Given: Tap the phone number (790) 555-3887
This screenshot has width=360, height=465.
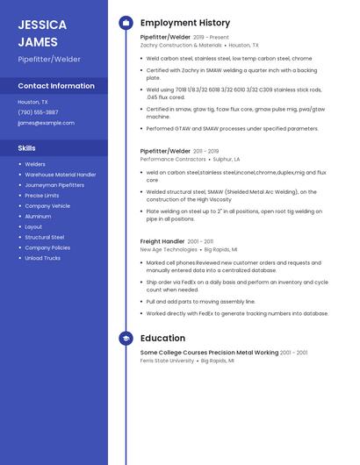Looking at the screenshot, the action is point(38,112).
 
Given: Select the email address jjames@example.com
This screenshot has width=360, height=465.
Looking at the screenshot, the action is point(46,123).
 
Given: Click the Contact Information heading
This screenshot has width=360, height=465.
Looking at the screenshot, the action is point(56,86).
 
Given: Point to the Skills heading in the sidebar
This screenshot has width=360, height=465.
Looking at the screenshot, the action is point(27,148).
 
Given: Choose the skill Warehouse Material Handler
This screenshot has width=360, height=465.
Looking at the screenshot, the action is point(61,175).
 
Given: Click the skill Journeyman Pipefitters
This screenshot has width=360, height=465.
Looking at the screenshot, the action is point(54,185).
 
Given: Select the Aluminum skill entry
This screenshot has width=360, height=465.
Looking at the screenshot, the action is point(38,216).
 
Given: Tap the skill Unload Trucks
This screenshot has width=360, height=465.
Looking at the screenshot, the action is point(42,258).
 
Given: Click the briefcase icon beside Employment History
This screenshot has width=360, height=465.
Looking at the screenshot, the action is point(126,23).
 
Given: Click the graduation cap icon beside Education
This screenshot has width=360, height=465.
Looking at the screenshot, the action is point(126,338).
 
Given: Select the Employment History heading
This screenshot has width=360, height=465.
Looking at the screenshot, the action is point(185,23).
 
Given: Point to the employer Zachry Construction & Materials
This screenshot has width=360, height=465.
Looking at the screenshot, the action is point(181,45).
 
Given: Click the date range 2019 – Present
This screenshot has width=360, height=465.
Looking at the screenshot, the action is point(211,38).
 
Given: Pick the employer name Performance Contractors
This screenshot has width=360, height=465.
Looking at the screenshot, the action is point(173,159).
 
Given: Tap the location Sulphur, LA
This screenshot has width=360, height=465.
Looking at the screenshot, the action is point(227,159).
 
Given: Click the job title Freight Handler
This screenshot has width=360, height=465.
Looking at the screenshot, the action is point(162,241).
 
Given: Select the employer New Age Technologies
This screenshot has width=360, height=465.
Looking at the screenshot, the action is point(169,249).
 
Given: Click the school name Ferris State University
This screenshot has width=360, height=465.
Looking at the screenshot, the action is point(167,361).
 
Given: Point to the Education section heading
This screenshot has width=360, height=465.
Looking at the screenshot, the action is point(162,338).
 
